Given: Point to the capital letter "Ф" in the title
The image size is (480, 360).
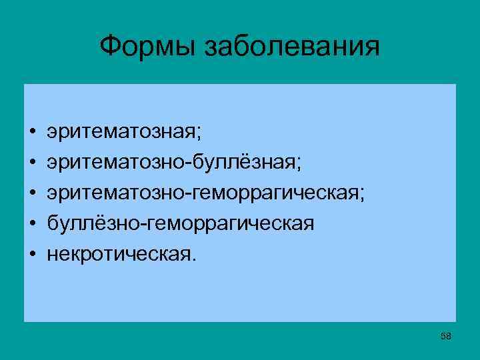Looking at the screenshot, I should [x=110, y=46].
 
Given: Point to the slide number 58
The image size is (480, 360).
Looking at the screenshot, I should [x=446, y=337].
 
